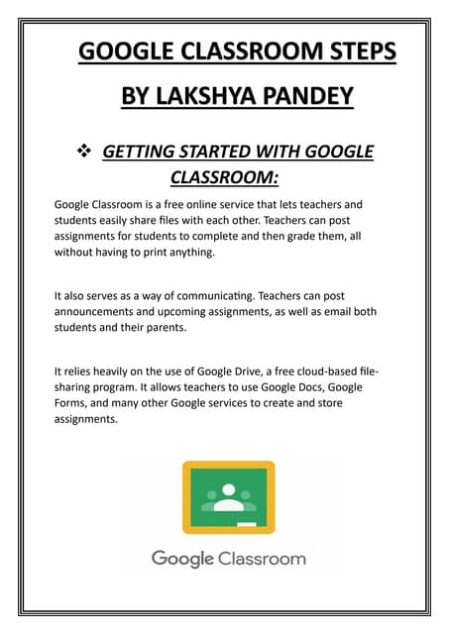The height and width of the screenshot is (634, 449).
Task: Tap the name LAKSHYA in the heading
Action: (204, 96)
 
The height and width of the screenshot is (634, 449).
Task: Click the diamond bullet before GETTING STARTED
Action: (84, 152)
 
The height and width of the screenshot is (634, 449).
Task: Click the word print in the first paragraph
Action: (175, 253)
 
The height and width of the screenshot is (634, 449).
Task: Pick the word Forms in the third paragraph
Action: (72, 403)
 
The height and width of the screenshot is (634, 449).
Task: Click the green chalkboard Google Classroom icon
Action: (228, 494)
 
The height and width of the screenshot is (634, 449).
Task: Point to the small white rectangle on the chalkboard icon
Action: (247, 522)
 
